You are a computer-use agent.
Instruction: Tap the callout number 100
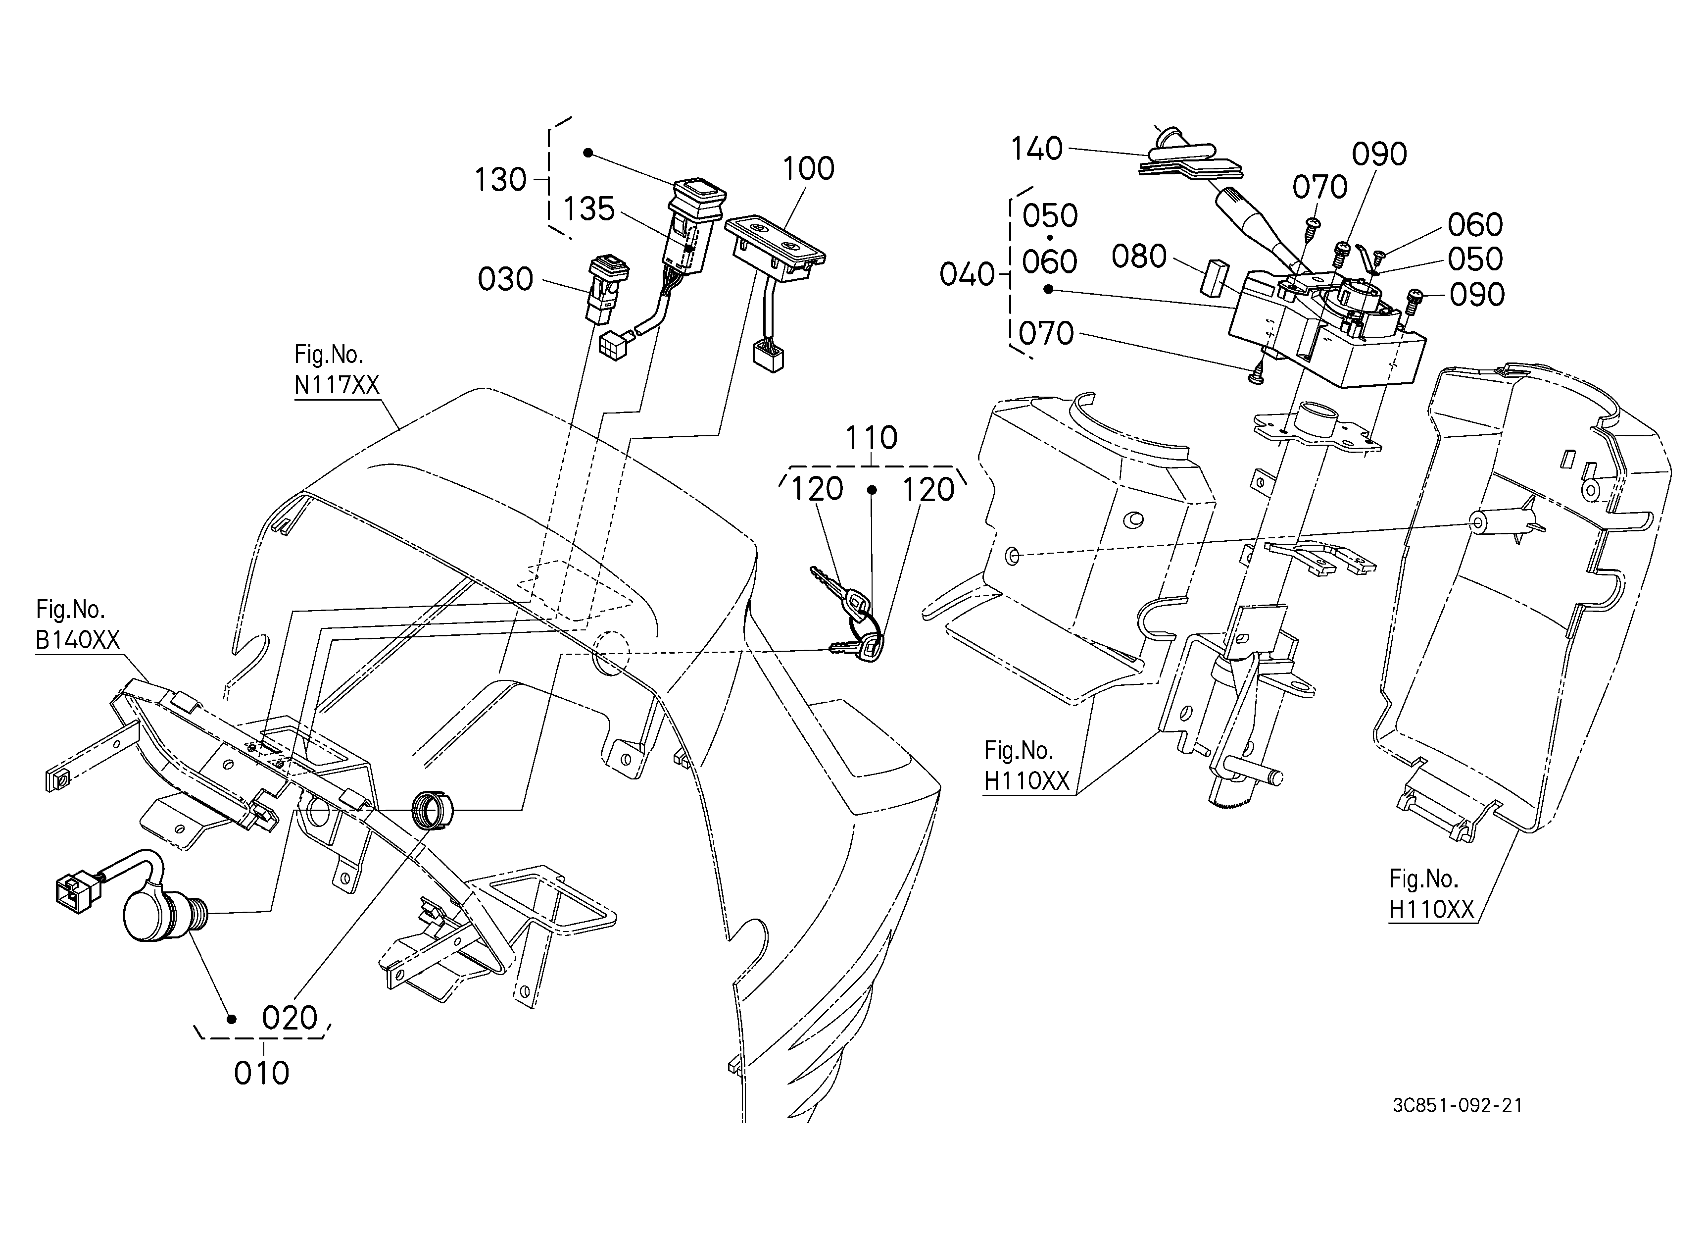point(808,169)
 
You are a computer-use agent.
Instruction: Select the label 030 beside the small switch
point(505,280)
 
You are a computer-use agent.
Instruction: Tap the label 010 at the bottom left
point(262,1074)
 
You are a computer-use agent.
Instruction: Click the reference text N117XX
point(337,385)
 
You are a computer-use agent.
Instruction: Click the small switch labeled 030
point(607,289)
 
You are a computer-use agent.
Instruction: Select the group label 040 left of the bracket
point(967,275)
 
